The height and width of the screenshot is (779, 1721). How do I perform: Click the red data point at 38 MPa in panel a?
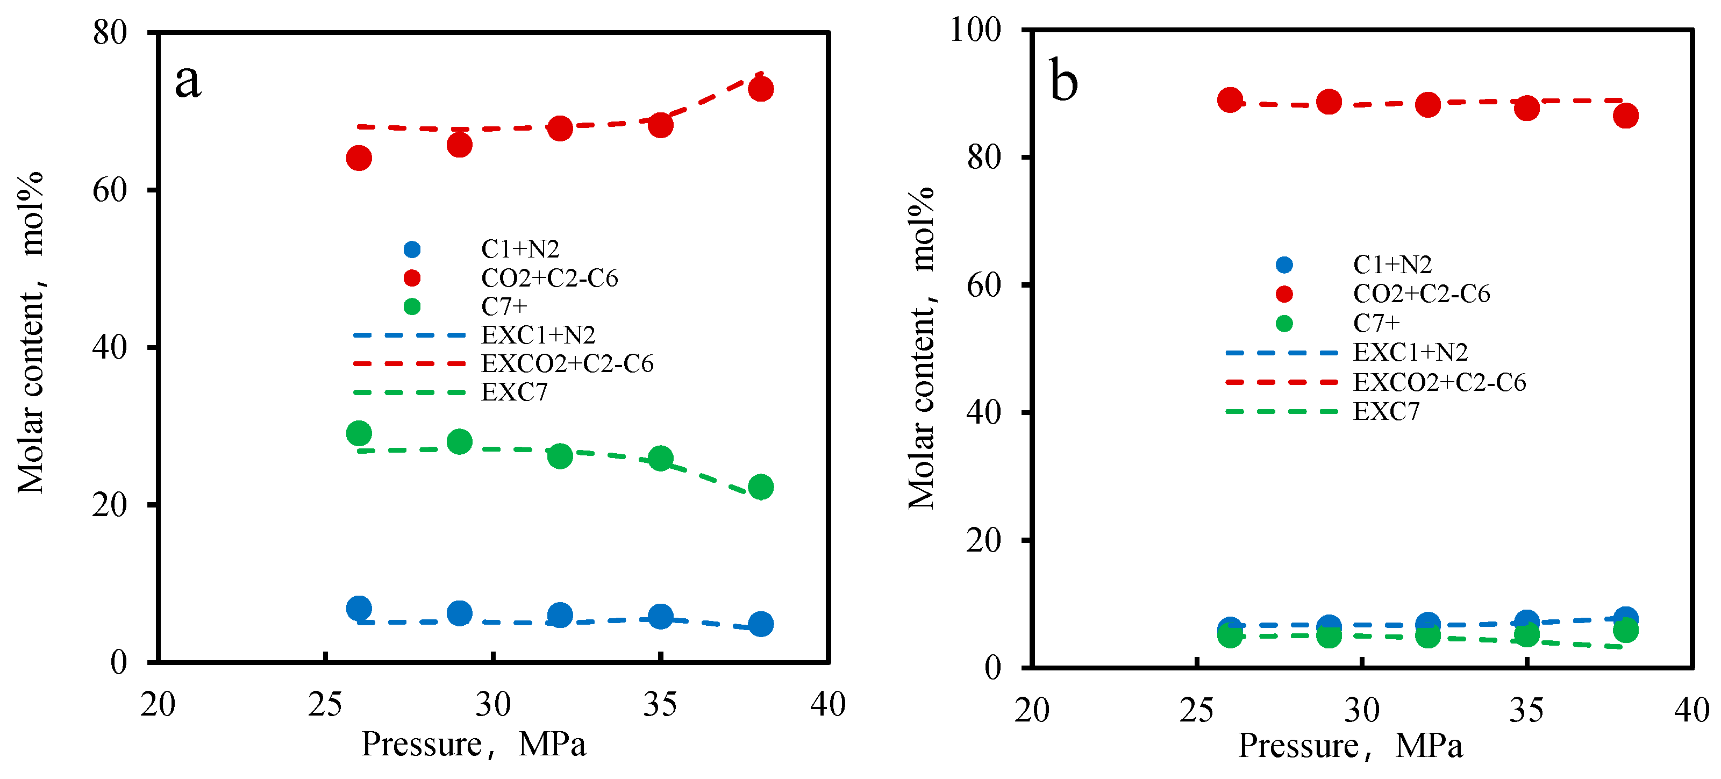760,89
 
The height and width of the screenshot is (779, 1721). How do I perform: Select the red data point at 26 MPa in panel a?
359,159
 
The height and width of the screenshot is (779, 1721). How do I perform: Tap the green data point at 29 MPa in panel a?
460,441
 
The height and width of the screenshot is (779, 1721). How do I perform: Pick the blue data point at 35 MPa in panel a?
660,617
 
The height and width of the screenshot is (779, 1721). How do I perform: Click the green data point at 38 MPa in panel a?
760,487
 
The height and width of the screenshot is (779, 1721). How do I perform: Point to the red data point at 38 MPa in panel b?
1625,116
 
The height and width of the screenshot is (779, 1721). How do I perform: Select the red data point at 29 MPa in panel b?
1329,102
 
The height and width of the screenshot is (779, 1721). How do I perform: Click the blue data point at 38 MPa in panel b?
1625,619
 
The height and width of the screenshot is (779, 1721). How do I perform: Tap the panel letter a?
188,82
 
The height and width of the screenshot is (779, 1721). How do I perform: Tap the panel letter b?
1063,82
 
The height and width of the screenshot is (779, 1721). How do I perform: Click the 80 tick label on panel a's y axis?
110,32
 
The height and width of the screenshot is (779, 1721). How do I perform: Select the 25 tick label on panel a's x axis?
325,705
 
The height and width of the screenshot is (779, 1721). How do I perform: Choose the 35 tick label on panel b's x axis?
1526,710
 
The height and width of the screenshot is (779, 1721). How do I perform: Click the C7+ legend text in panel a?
504,306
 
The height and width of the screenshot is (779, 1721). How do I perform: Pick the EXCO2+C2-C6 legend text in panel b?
1439,382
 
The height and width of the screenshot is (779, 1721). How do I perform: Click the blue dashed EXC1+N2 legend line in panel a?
409,335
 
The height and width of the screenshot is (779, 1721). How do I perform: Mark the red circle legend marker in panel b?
1284,294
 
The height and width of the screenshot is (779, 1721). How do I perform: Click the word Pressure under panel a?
422,744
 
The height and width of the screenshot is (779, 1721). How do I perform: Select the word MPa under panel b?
1429,746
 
